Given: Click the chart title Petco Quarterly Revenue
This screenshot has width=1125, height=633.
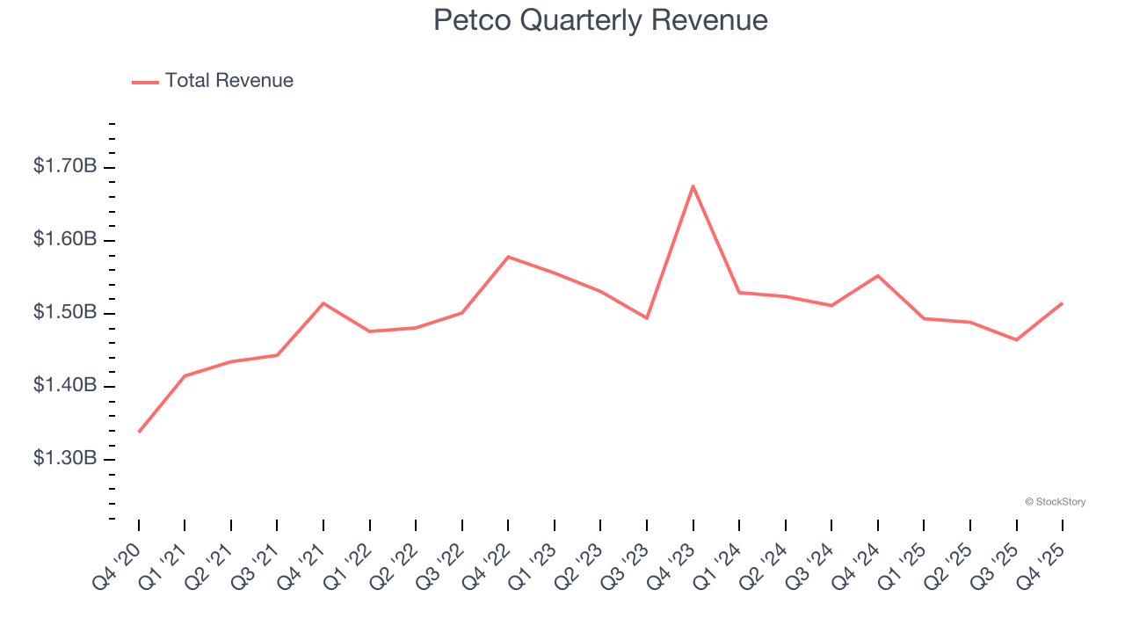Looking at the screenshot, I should point(600,20).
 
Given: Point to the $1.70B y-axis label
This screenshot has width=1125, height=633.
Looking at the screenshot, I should point(65,166).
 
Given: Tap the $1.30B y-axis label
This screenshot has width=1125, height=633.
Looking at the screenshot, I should point(65,459).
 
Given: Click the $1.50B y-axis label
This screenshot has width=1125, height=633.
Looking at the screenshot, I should point(65,313).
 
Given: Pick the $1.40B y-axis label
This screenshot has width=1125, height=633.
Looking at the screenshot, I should point(65,386).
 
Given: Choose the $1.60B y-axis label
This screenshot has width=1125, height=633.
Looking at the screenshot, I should point(65,240).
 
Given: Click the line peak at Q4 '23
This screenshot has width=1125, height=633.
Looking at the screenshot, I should point(693,186).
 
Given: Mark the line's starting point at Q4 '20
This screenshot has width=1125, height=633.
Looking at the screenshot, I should point(139,432).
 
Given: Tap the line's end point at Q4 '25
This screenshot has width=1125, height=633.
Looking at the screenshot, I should point(1063,303).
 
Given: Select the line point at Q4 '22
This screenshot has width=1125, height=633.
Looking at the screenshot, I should point(509,257).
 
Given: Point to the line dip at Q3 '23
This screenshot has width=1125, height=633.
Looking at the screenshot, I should point(647,318).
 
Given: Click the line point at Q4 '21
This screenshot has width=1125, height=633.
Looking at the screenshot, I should point(323,303).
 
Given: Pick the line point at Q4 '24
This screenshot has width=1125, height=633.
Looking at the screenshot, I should point(878,276).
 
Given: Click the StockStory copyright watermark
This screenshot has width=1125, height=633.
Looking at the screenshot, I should point(1055,502).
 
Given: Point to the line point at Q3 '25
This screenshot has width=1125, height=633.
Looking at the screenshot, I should point(1017,339).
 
